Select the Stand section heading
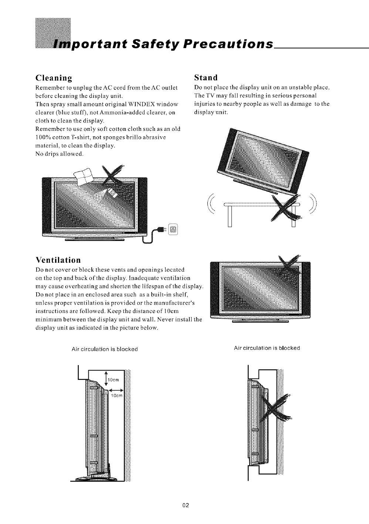pyautogui.click(x=206, y=78)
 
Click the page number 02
pyautogui.click(x=186, y=505)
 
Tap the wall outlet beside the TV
pyautogui.click(x=173, y=230)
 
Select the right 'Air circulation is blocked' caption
pyautogui.click(x=267, y=348)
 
